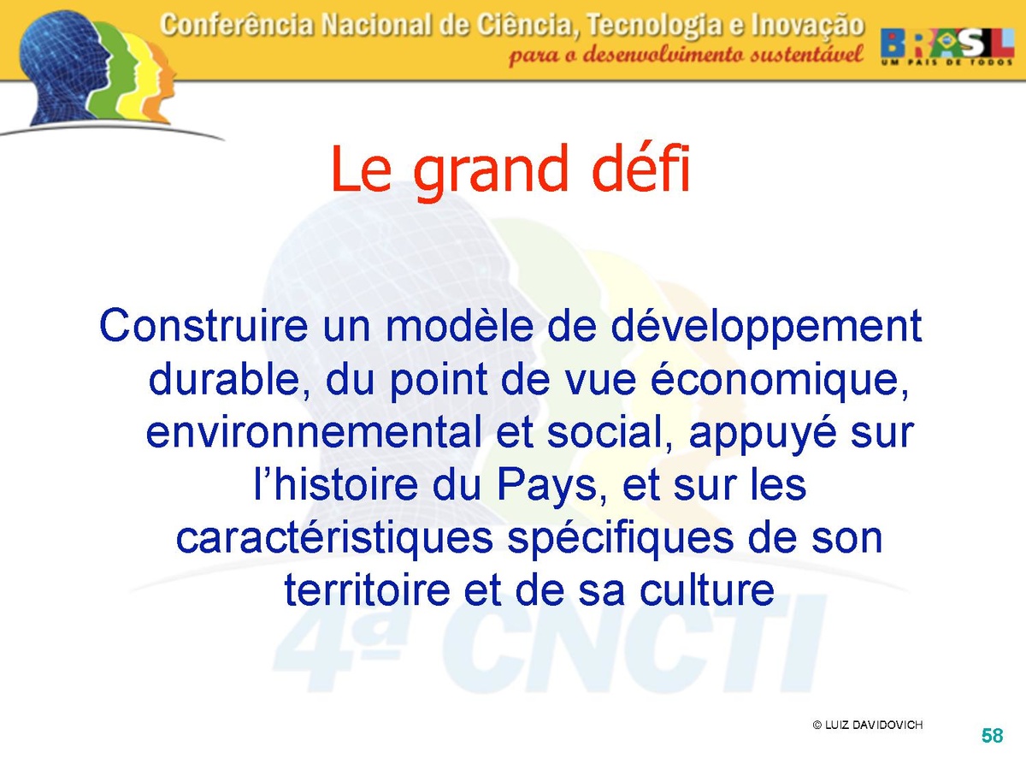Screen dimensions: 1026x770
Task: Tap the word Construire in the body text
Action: click(203, 325)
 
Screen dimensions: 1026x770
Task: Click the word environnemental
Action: click(314, 432)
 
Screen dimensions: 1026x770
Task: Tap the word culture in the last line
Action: click(707, 590)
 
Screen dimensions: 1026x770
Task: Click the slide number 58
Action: click(992, 736)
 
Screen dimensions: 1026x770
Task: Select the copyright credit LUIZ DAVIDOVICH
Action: click(868, 726)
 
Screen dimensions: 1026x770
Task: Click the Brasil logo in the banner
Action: click(947, 47)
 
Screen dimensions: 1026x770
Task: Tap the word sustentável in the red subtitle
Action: click(806, 55)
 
